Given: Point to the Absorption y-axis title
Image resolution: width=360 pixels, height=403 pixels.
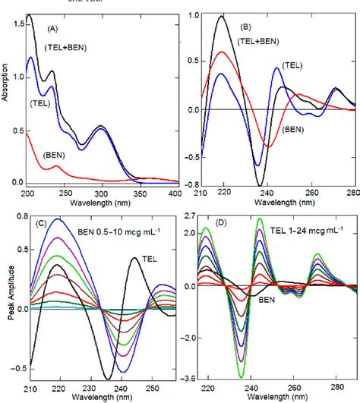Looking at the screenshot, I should tap(7, 99).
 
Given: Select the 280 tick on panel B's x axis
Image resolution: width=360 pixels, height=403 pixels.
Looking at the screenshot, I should tap(351, 194).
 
